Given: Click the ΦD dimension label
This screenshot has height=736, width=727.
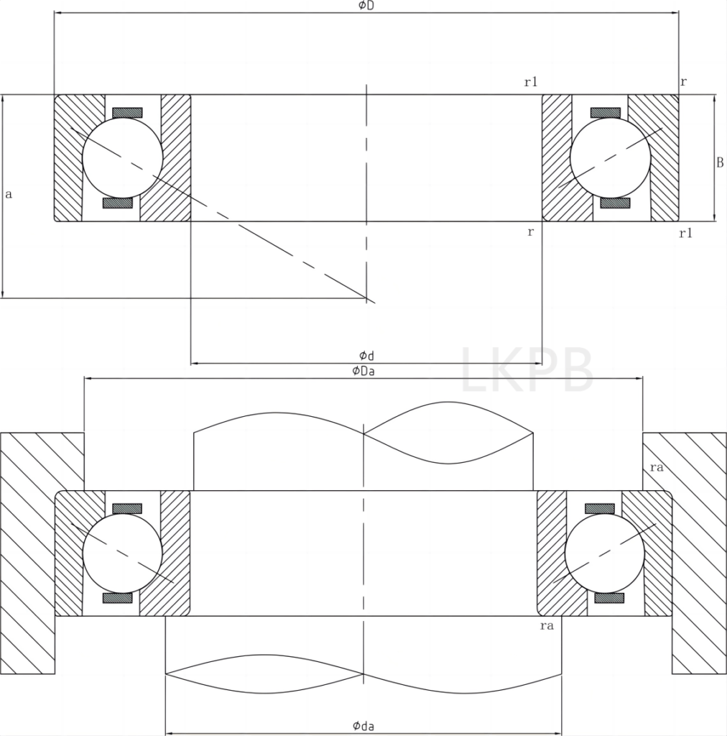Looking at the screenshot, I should coord(366,6).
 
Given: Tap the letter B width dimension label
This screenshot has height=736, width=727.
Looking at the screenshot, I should coord(719,163).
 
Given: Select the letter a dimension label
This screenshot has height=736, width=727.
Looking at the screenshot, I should coord(8,194).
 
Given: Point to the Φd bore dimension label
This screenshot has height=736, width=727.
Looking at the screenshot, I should coord(366,355).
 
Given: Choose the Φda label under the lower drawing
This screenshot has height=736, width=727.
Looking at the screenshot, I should coord(363,726).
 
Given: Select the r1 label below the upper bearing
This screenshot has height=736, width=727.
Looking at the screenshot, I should coord(685,233).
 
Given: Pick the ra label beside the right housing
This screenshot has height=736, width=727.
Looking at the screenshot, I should coord(655,467).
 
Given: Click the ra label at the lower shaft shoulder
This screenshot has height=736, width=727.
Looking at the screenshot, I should coord(546,626).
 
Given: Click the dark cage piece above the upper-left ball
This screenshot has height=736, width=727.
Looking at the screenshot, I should coord(127,113).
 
